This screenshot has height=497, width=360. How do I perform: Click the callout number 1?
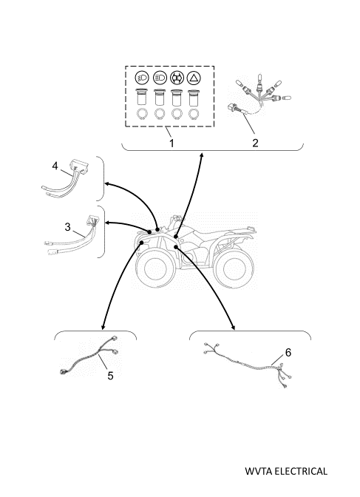[171, 143]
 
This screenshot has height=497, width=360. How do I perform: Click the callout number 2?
[256, 143]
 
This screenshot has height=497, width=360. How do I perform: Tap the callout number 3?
[67, 227]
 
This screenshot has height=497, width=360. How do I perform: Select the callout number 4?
[55, 166]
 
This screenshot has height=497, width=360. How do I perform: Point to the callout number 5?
[110, 376]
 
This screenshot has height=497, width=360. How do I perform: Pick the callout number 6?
[288, 353]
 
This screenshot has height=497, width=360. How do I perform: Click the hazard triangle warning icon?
[194, 78]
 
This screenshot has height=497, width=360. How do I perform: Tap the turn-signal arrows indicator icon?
[177, 78]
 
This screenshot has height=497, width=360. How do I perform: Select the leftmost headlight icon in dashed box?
[142, 78]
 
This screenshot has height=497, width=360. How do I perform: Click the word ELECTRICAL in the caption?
[300, 471]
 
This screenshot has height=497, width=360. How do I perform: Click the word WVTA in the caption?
[258, 471]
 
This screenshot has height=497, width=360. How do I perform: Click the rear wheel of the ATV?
[234, 269]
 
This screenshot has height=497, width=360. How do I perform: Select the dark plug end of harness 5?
[63, 372]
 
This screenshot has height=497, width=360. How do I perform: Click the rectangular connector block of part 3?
[92, 220]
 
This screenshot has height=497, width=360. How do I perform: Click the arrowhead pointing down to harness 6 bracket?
[234, 328]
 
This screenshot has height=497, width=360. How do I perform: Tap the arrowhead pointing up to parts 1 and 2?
[201, 155]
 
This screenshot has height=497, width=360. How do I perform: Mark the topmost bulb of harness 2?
[261, 77]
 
